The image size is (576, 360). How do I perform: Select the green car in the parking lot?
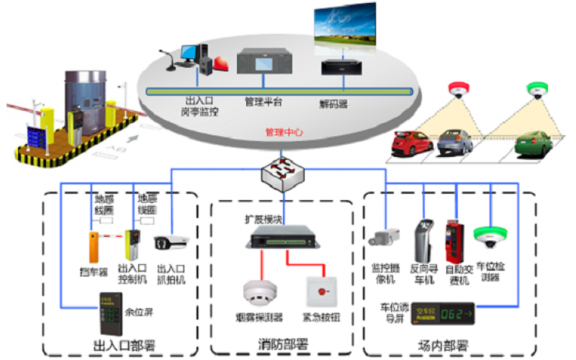click(534, 145)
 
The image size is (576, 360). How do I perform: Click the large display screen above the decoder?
click(345, 27)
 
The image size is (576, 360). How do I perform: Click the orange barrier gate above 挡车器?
click(94, 246)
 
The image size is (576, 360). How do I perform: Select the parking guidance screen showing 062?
click(442, 312)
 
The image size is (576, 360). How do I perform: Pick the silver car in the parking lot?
click(454, 142)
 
